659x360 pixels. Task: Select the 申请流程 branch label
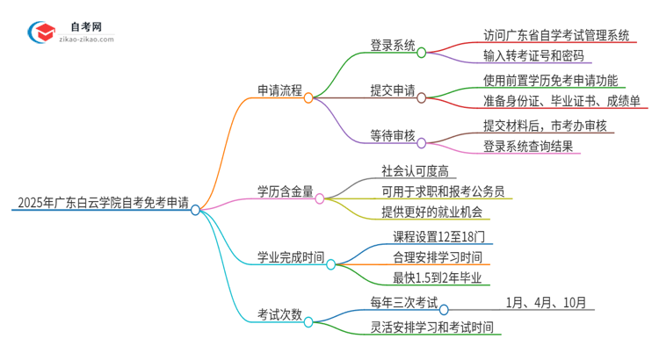tap(279, 90)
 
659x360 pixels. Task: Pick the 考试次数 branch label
tap(279, 313)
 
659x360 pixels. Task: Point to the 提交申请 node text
tap(393, 90)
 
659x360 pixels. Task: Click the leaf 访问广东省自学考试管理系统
tap(556, 35)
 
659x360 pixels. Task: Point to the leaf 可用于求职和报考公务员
tap(443, 191)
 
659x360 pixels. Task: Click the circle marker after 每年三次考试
tap(444, 309)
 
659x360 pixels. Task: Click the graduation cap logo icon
tap(40, 32)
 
